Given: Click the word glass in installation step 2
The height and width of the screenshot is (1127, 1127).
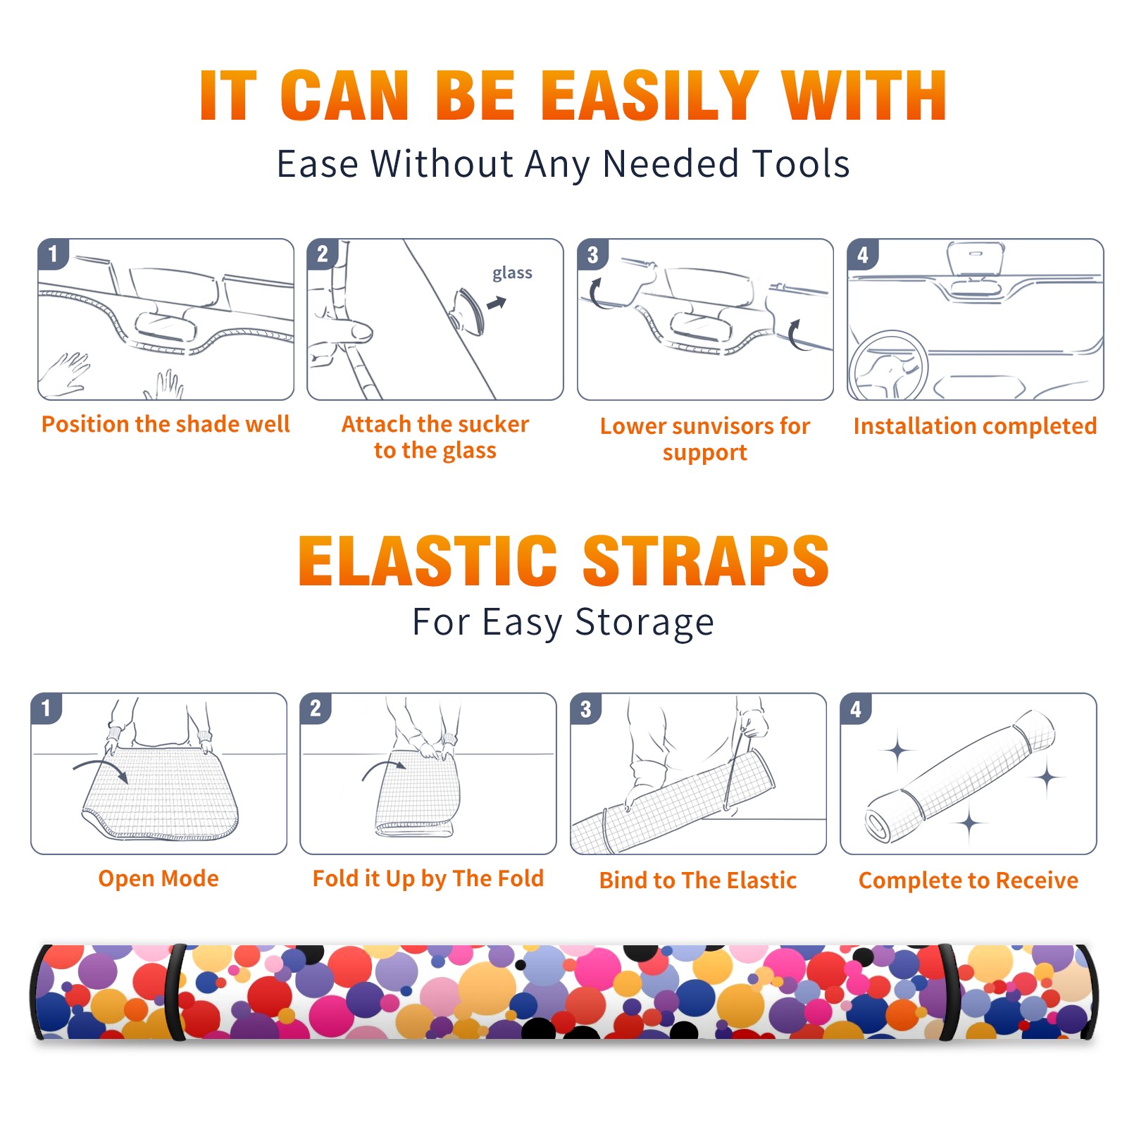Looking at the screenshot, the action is (512, 273).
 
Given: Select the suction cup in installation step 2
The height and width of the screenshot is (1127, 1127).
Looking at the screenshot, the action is (468, 311).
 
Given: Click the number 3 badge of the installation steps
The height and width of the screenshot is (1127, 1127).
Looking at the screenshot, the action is (592, 254).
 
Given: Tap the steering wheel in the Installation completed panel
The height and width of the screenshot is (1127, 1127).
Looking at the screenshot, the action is (888, 366).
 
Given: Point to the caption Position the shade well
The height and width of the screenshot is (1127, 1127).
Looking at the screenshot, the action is (166, 424).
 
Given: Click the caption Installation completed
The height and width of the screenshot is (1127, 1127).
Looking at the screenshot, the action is (975, 426).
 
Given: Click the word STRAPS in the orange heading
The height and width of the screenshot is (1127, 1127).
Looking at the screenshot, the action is (706, 561).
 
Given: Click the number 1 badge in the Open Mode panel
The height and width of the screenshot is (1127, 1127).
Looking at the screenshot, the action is (46, 708).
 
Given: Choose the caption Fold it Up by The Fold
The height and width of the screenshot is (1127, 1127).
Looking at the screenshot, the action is (428, 878).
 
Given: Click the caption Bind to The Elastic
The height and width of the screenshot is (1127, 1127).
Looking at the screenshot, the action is (698, 880).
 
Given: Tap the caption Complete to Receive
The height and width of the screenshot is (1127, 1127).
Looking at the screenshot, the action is (969, 880).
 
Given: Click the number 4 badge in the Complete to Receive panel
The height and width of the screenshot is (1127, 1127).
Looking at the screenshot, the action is (856, 709).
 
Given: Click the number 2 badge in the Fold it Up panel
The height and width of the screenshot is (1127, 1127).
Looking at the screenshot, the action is (316, 708).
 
